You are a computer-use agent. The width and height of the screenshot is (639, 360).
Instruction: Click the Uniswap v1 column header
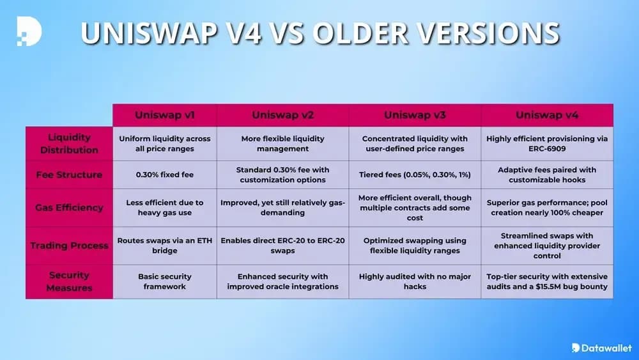click(165, 115)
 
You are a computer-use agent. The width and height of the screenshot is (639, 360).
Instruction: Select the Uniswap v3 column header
click(415, 115)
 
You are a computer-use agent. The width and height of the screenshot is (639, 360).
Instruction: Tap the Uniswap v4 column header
click(547, 115)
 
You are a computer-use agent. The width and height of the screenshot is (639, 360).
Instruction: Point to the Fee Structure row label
click(69, 174)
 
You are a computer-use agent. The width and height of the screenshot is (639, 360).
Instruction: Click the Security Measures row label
click(69, 281)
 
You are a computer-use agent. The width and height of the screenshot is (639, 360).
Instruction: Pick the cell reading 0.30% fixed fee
click(165, 174)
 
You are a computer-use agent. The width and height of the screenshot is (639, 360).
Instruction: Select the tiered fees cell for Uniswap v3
click(415, 174)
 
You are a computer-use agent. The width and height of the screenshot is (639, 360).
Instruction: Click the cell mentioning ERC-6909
click(547, 143)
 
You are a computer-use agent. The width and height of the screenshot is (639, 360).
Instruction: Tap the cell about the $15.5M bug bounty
click(547, 281)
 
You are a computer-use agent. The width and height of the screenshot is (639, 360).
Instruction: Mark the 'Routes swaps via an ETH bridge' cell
click(165, 246)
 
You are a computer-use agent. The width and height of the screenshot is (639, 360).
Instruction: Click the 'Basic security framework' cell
click(165, 281)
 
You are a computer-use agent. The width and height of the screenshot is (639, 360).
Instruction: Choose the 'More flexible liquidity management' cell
click(283, 143)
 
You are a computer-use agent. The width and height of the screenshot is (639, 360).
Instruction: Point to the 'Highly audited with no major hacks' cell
click(415, 281)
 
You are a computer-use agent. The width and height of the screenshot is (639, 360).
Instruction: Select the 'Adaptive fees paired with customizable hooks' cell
click(547, 174)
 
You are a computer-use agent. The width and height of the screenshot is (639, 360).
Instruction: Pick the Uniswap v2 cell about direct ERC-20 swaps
click(283, 246)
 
